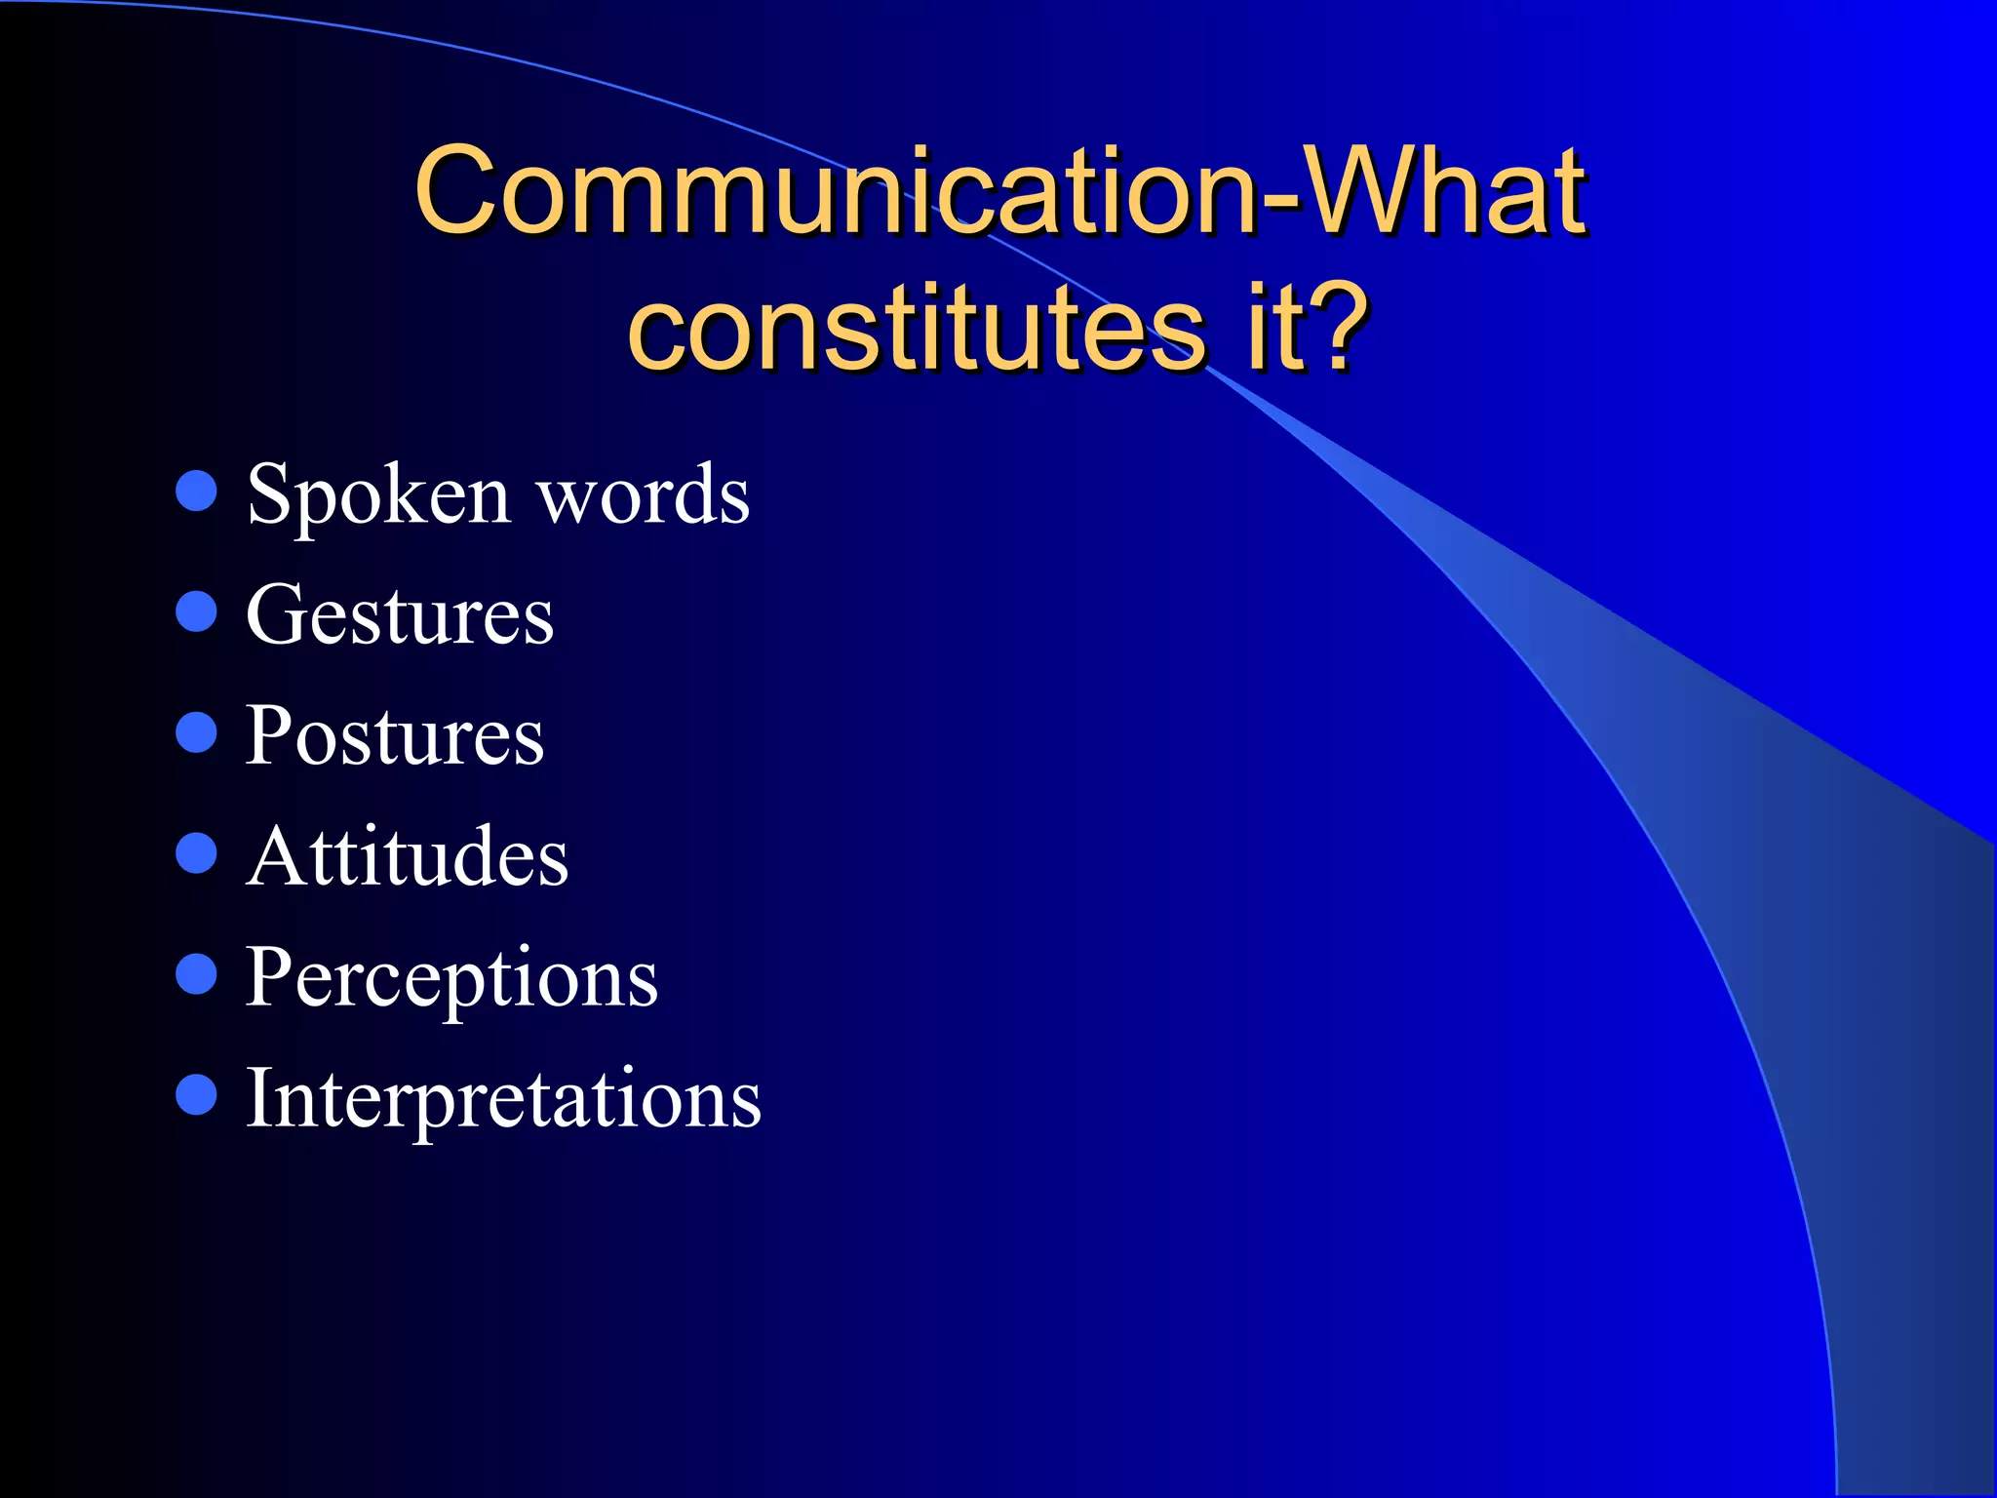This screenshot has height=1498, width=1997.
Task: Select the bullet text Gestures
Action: point(400,615)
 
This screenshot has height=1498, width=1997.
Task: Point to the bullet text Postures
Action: point(394,735)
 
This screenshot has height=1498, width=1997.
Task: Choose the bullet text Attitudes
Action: point(407,856)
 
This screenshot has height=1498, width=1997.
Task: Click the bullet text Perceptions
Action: point(451,978)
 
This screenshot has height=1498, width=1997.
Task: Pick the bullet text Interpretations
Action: point(503,1098)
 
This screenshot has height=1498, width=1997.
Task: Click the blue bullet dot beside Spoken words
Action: point(196,491)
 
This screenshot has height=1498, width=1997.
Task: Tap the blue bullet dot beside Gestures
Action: point(196,611)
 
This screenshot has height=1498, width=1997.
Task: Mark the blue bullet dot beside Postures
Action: point(196,732)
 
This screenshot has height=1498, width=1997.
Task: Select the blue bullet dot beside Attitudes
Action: point(196,852)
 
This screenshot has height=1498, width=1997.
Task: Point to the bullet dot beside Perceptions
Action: point(196,973)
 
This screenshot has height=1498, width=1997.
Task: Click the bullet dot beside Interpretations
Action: point(196,1094)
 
